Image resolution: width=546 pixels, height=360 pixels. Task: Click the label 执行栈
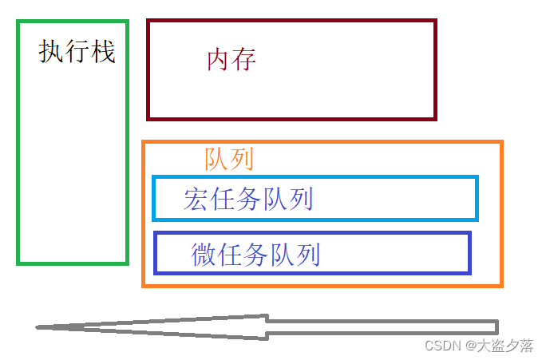point(77,53)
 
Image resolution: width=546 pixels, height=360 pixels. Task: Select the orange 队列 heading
point(229,160)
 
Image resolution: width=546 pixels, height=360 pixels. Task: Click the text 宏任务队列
point(247,200)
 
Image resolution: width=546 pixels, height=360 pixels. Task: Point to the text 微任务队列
point(255,255)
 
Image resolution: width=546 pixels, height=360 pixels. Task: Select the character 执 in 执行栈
point(51,53)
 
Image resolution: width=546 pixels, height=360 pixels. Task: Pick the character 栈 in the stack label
point(103,53)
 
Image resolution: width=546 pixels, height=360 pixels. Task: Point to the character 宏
point(196,200)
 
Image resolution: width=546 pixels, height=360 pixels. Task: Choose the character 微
point(204,255)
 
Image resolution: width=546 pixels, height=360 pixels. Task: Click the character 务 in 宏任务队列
point(247,200)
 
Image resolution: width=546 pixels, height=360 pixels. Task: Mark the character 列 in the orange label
point(241,160)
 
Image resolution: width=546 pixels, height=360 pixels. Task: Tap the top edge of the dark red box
point(291,22)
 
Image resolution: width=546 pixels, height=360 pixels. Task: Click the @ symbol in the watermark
point(472,346)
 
